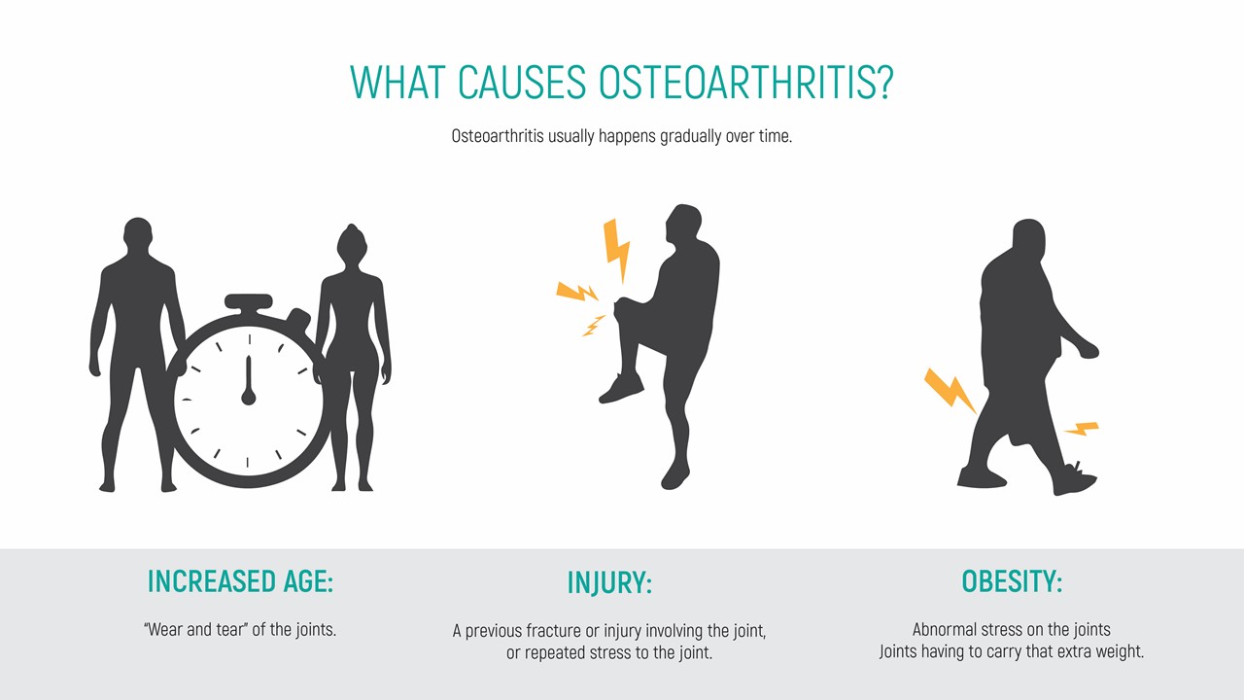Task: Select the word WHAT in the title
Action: [397, 83]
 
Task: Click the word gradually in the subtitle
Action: [690, 136]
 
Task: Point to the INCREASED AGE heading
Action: [240, 581]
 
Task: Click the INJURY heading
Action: [609, 582]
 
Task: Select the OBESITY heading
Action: [1012, 581]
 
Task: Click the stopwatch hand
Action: [249, 380]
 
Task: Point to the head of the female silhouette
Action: [352, 243]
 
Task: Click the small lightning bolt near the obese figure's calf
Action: [1082, 429]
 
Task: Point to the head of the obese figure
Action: [1029, 238]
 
